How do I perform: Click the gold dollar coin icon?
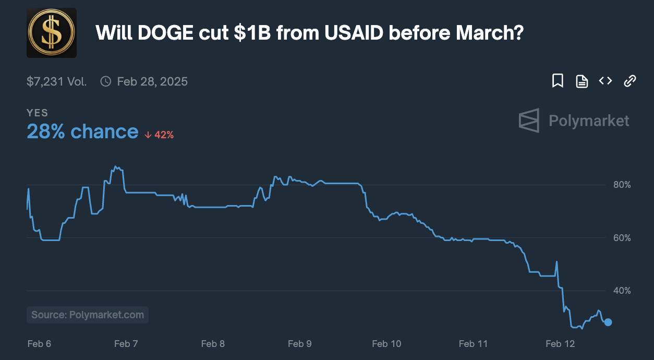52,33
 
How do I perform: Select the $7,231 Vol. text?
57,81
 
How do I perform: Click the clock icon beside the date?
106,81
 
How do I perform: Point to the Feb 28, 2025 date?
152,81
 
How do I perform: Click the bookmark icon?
558,81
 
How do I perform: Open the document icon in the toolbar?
582,81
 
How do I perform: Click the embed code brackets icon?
605,81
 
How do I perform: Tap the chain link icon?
630,81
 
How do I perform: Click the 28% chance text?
82,132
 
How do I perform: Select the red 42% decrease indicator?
159,135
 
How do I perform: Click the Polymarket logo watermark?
574,121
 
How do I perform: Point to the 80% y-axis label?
622,185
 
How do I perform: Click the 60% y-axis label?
622,238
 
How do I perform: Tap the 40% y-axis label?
622,291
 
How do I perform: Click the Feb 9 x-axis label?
299,343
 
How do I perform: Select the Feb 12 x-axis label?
561,343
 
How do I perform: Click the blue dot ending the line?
608,322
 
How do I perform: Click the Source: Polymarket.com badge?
88,315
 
